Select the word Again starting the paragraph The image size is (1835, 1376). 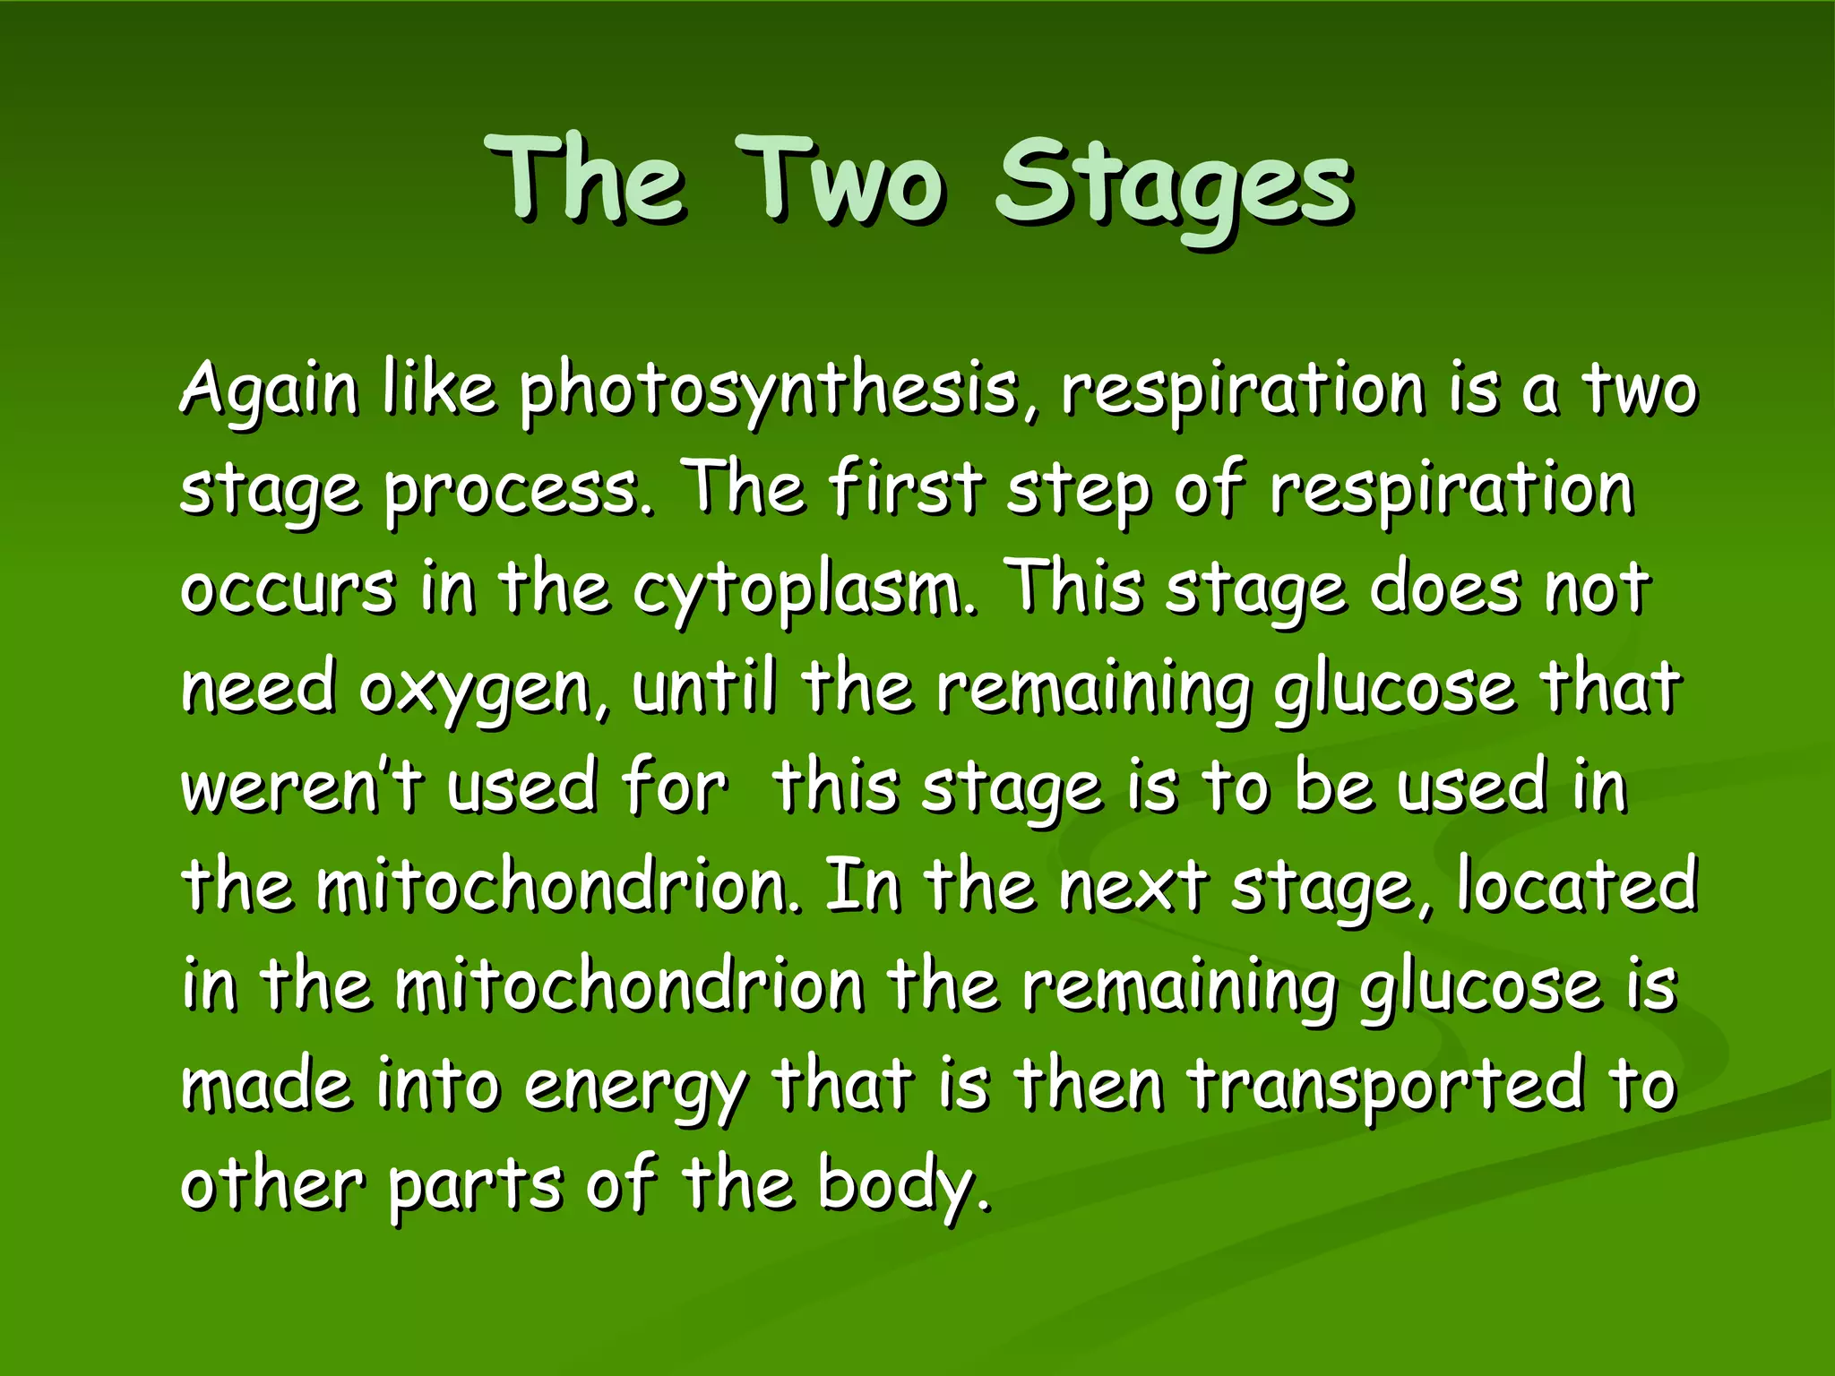pyautogui.click(x=269, y=392)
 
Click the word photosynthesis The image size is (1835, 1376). pyautogui.click(x=771, y=392)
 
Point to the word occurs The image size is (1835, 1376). pyautogui.click(x=287, y=591)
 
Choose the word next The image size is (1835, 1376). pyautogui.click(x=1133, y=887)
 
